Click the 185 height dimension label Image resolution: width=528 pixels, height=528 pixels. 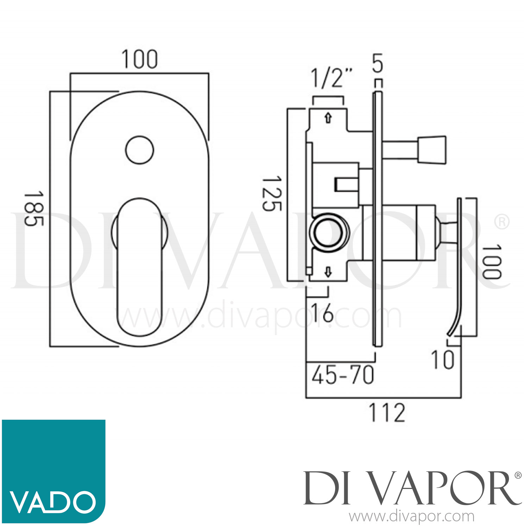(34, 208)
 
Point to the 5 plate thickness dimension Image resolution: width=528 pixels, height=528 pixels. (377, 63)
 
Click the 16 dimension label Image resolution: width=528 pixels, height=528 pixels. (322, 312)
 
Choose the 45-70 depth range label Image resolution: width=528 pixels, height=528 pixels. (342, 375)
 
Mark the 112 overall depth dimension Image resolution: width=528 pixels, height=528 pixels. (387, 413)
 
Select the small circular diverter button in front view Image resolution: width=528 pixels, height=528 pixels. (139, 150)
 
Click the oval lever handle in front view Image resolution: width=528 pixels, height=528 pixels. (139, 268)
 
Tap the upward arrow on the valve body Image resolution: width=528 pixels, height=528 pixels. (328, 118)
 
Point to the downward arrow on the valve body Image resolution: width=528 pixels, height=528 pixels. (328, 272)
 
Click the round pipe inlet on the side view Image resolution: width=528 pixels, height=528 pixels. (328, 232)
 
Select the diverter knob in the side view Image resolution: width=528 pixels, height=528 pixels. (432, 150)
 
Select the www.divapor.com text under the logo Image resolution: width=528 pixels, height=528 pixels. (412, 517)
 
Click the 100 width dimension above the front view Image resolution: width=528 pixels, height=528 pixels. (139, 60)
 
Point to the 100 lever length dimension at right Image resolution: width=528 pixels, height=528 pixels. (491, 262)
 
